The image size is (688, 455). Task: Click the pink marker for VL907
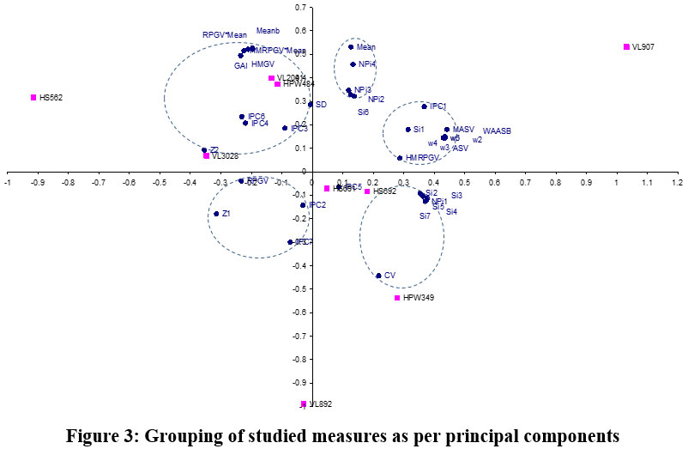pyautogui.click(x=626, y=46)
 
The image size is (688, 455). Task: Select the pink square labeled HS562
pyautogui.click(x=33, y=97)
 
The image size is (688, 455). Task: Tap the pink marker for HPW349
pyautogui.click(x=397, y=298)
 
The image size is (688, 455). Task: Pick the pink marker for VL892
pyautogui.click(x=304, y=403)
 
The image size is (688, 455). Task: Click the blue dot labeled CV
pyautogui.click(x=378, y=276)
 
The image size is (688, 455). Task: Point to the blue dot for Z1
pyautogui.click(x=216, y=214)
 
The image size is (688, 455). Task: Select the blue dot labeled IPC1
pyautogui.click(x=424, y=106)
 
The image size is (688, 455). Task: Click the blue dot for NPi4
pyautogui.click(x=353, y=64)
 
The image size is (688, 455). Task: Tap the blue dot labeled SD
pyautogui.click(x=310, y=105)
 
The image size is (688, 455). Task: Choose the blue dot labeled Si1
pyautogui.click(x=407, y=130)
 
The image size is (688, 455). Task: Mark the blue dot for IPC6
pyautogui.click(x=242, y=117)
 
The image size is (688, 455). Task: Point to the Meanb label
pyautogui.click(x=269, y=31)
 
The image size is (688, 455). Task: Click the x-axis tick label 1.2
pyautogui.click(x=676, y=182)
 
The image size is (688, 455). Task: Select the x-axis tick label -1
pyautogui.click(x=8, y=182)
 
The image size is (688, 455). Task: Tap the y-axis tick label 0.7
pyautogui.click(x=299, y=8)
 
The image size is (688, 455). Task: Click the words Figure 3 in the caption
pyautogui.click(x=100, y=436)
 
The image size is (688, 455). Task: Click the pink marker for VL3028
pyautogui.click(x=207, y=155)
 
